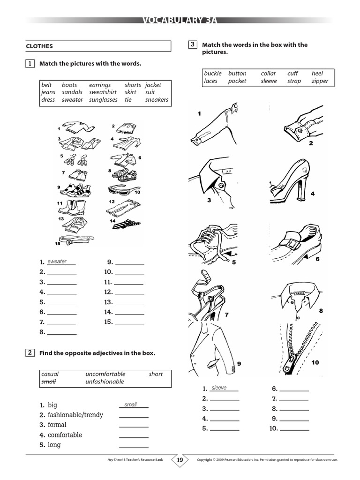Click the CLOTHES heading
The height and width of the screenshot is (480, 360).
39,46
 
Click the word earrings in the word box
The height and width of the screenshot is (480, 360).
100,85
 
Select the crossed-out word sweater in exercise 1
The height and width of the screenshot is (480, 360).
72,100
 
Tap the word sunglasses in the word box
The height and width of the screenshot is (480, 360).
103,100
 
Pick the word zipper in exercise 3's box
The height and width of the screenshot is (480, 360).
320,81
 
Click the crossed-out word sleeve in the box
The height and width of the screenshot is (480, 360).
269,81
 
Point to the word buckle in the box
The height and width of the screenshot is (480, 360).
213,74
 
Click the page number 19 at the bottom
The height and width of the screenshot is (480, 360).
180,460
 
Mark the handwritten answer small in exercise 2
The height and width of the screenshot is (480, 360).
130,405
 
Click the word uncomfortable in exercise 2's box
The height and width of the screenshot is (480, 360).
105,374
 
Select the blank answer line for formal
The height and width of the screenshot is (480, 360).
134,427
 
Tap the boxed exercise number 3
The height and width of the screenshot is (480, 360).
192,45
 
